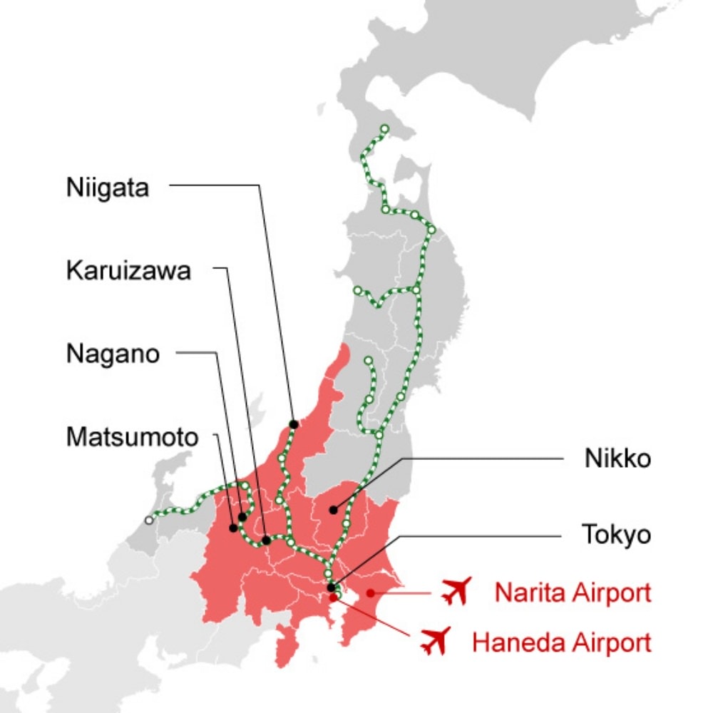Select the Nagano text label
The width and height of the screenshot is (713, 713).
click(113, 354)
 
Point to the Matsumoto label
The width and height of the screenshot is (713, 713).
click(132, 437)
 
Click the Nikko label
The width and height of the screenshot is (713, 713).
click(617, 458)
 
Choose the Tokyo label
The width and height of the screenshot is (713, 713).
click(617, 535)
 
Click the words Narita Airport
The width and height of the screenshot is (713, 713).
click(573, 592)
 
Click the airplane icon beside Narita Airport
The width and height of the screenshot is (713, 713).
click(456, 591)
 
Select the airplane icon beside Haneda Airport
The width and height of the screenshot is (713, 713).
click(436, 641)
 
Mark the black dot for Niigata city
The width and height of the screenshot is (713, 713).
click(293, 424)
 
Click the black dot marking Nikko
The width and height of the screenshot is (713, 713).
click(333, 510)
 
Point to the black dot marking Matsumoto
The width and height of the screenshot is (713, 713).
click(233, 528)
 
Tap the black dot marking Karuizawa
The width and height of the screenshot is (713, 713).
click(266, 540)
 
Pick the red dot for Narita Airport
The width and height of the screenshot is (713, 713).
click(369, 593)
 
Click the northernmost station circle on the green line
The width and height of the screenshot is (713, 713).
click(385, 129)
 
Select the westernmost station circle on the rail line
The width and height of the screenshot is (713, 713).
click(148, 520)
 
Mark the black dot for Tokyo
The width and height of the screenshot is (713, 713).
click(331, 588)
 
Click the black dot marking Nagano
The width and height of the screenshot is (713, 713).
click(242, 516)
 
